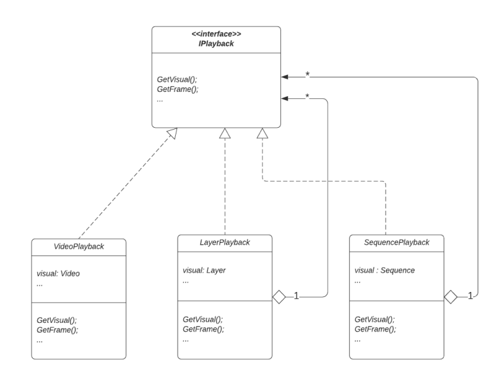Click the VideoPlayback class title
pos(78,247)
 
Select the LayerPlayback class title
pos(225,242)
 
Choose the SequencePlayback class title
pos(397,242)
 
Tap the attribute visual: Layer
pos(204,270)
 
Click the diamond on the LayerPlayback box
pos(279,296)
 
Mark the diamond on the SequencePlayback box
pos(451,296)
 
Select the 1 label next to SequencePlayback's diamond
pos(469,296)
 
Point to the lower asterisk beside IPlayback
pos(307,96)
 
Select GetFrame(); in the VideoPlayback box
pos(58,330)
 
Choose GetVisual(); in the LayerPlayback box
pos(203,320)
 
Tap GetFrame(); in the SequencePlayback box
pos(374,329)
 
